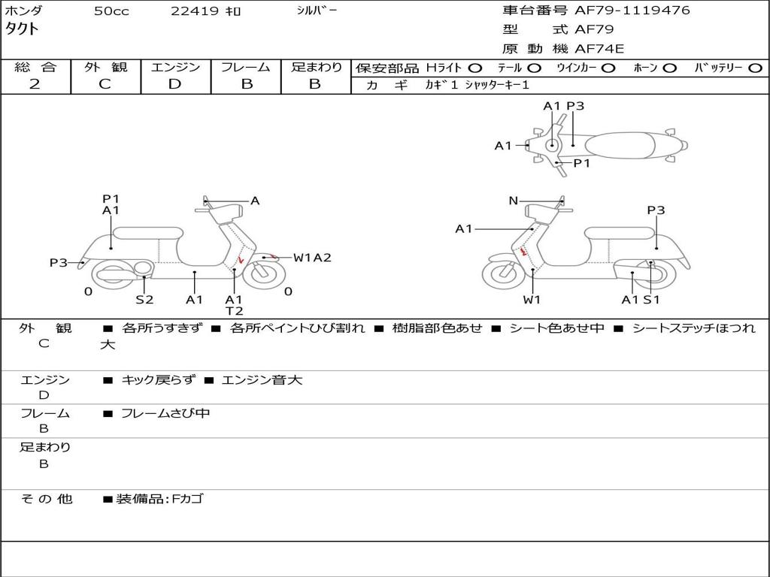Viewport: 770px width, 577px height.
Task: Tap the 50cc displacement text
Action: tap(111, 11)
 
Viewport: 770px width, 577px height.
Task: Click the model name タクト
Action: tap(22, 29)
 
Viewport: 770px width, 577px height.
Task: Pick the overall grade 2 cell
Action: tap(35, 84)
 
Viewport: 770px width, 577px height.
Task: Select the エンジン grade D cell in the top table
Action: tap(175, 84)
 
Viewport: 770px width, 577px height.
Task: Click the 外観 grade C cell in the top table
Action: tap(105, 84)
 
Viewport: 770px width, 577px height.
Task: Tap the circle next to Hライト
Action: tap(475, 68)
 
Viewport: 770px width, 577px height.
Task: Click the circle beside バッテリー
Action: tap(755, 68)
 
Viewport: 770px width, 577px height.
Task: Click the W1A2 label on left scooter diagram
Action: tap(312, 258)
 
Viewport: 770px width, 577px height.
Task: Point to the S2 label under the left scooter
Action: tap(144, 300)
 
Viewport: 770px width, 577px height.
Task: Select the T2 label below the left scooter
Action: tap(235, 311)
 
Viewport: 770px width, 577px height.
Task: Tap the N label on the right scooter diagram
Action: tap(514, 201)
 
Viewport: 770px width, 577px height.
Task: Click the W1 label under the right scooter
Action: tap(532, 300)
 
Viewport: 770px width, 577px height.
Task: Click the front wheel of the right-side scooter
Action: tap(503, 273)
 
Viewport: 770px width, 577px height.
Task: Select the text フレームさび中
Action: tap(165, 413)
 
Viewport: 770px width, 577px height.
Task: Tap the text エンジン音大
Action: tap(262, 380)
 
